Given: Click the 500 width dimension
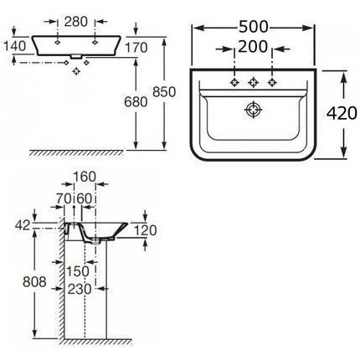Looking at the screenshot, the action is pyautogui.click(x=254, y=28).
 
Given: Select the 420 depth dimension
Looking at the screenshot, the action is pyautogui.click(x=342, y=113).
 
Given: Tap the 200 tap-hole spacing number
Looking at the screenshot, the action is pyautogui.click(x=253, y=47).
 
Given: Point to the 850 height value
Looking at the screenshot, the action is pyautogui.click(x=164, y=92).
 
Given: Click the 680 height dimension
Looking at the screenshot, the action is pyautogui.click(x=136, y=102).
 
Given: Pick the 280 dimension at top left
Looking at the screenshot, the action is pyautogui.click(x=76, y=22).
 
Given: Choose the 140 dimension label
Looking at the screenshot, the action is pyautogui.click(x=15, y=46).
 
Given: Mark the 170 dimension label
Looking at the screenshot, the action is pyautogui.click(x=136, y=48).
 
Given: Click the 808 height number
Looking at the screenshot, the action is pyautogui.click(x=34, y=282).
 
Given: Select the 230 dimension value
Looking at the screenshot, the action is pyautogui.click(x=80, y=289).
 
